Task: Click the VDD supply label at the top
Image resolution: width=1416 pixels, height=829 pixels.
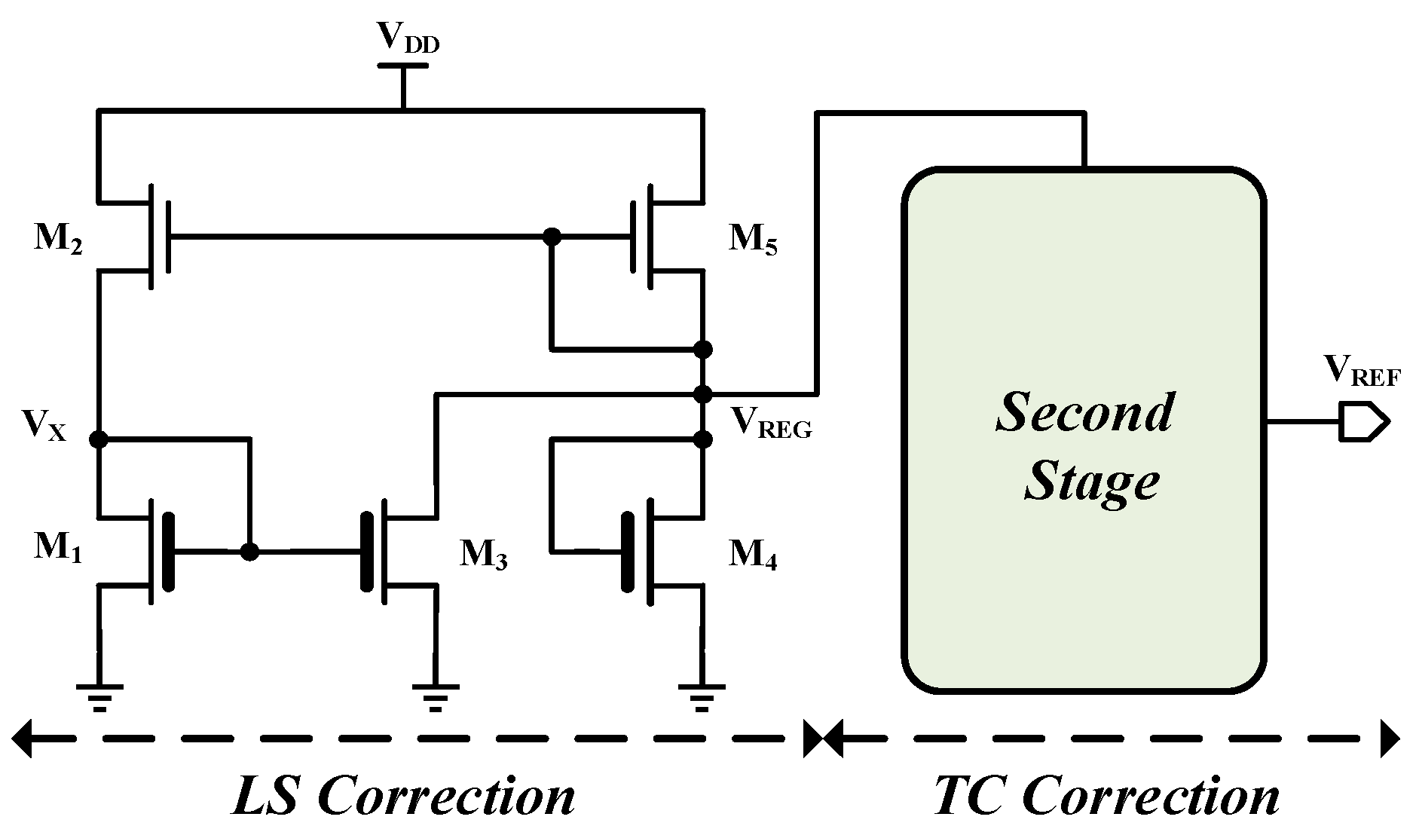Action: [408, 38]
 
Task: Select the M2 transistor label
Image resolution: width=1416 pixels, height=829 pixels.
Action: [58, 239]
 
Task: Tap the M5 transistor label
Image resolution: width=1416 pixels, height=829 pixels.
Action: [753, 239]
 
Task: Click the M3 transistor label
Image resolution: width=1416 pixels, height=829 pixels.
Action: [484, 556]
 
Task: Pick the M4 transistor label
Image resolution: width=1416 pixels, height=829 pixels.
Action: [753, 556]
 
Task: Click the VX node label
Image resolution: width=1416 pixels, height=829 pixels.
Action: [44, 427]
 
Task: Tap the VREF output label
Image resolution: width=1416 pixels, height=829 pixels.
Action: [1361, 372]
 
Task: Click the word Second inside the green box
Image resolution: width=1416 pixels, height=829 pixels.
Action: [1084, 412]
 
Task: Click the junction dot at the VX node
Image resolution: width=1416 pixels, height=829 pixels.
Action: [98, 439]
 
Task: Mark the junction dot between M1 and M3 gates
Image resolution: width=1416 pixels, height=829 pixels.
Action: [250, 552]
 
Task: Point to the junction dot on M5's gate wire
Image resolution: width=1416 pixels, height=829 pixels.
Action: [552, 237]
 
